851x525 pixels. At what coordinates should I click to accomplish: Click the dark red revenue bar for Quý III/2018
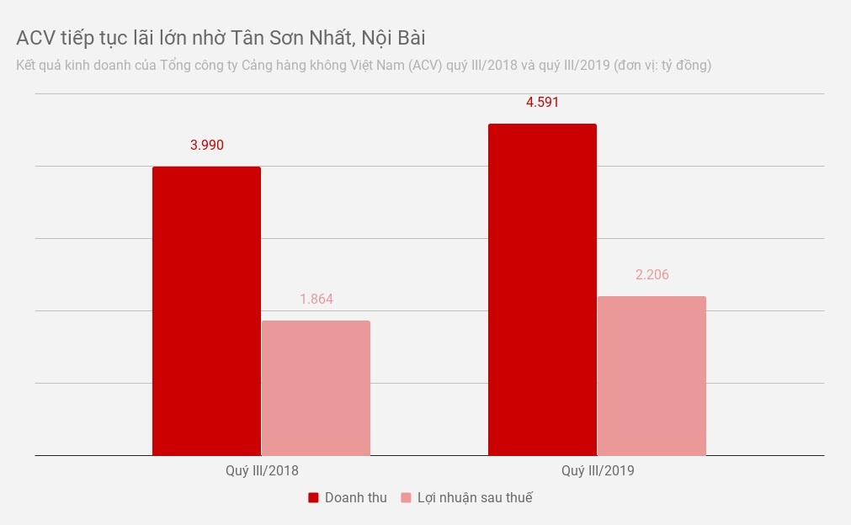coord(206,311)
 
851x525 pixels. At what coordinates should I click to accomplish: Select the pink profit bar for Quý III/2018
coord(316,388)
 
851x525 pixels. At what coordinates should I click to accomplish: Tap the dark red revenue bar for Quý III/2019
coord(542,289)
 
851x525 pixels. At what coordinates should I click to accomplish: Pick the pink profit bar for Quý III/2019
coord(652,376)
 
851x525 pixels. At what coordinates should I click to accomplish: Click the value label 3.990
coord(207,145)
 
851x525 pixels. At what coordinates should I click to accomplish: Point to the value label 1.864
coord(316,300)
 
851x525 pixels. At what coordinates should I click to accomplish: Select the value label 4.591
coord(543,103)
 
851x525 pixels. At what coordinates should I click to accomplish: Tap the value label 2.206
coord(652,275)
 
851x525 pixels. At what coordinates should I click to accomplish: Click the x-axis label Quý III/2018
coord(262,471)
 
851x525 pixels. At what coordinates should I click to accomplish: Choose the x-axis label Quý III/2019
coord(598,471)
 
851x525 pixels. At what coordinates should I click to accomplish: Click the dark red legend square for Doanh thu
coord(313,498)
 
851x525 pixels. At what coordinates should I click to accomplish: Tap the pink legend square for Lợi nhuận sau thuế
coord(407,498)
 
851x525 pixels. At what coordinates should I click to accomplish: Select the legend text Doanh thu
coord(355,498)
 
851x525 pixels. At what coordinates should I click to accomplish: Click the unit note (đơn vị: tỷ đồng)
coord(662,65)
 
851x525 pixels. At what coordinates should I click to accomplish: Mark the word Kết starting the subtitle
coord(27,65)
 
